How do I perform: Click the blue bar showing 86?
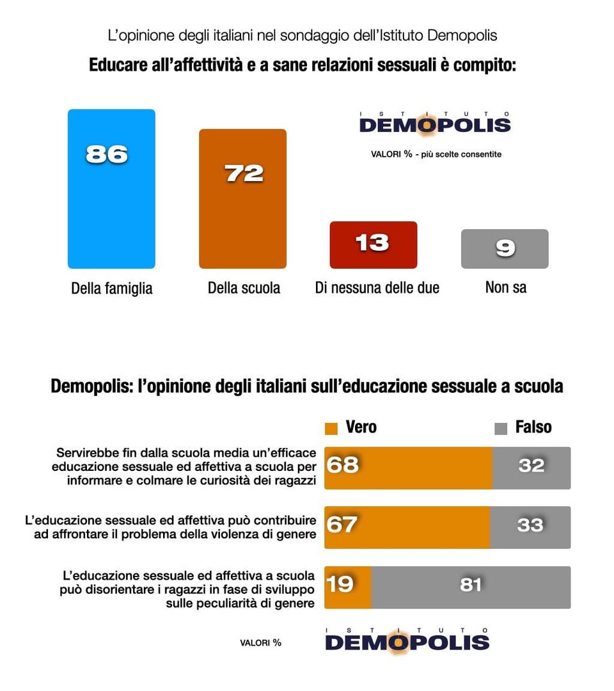coord(111,189)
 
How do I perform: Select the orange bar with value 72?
coord(242,198)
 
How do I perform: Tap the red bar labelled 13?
coord(373,244)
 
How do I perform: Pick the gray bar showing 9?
coord(505,248)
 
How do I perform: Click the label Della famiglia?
coord(112,289)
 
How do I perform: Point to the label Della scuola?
coord(244,288)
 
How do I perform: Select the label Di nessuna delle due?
coord(377,288)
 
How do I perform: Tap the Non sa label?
coord(506,287)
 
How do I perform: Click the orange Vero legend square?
coord(331,428)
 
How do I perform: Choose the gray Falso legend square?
coord(501,428)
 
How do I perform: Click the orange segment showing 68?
coord(408,468)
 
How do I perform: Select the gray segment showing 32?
coord(531,468)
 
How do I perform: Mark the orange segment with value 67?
coord(407,527)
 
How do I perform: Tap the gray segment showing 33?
coord(530,527)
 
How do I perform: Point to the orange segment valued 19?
coord(347,587)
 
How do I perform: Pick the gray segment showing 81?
coord(471,587)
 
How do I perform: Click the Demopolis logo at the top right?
coord(435,123)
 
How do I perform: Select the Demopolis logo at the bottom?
coord(407,640)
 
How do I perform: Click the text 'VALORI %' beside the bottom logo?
coord(260,642)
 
